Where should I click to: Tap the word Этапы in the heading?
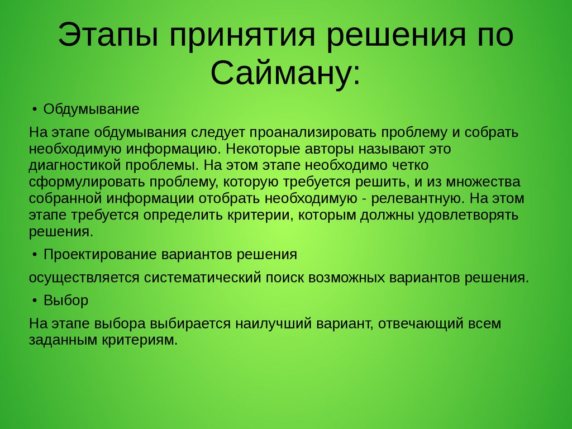108,35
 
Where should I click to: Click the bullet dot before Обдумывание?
35,109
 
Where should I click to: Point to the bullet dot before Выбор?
35,300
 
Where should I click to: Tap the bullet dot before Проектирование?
35,254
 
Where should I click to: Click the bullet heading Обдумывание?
91,109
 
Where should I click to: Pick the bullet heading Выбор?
66,300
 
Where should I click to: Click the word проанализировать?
313,132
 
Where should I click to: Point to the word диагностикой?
75,165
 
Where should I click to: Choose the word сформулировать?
87,182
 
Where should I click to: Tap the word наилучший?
273,324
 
